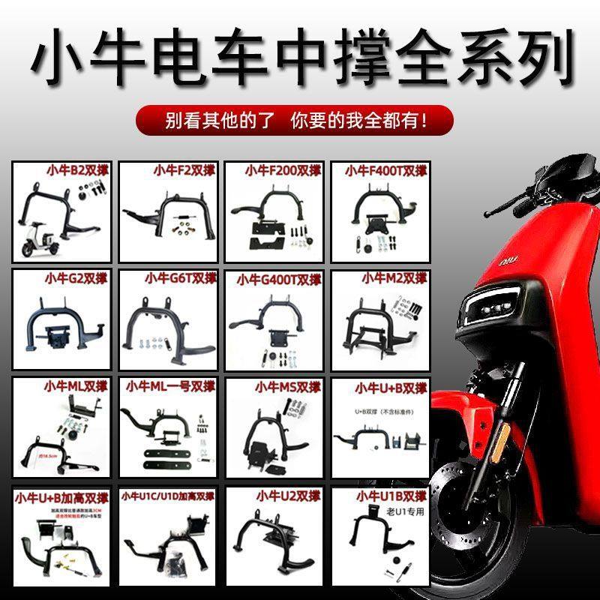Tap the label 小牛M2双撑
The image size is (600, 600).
coord(394,278)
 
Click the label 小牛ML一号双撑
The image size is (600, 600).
coord(169,387)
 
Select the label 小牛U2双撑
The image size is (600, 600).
coord(288,496)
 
